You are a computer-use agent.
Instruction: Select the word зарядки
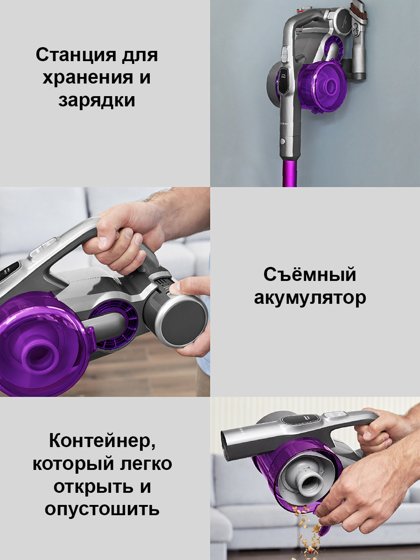97,100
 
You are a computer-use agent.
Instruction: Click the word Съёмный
309,274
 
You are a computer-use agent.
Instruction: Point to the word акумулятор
310,298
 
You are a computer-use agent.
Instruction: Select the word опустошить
102,509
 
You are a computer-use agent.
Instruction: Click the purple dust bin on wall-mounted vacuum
322,86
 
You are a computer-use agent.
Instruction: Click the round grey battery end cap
184,322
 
